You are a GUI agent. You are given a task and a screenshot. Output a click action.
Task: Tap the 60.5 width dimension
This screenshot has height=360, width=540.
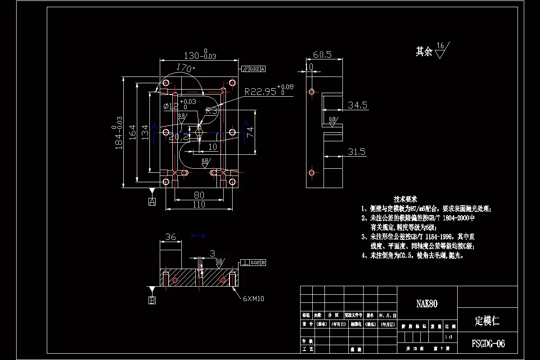pyautogui.click(x=322, y=54)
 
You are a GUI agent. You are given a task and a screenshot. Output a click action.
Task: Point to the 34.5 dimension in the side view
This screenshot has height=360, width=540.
pyautogui.click(x=358, y=105)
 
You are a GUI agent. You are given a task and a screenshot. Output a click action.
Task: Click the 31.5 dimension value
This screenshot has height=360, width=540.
pyautogui.click(x=356, y=152)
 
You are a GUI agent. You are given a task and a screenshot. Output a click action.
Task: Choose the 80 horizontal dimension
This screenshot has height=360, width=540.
pyautogui.click(x=199, y=195)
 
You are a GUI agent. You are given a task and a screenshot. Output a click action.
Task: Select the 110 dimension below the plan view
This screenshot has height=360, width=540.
pyautogui.click(x=199, y=205)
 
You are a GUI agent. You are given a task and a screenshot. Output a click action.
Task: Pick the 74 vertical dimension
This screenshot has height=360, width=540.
pyautogui.click(x=250, y=132)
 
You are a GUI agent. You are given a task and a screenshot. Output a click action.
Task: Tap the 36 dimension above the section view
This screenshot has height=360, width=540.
pyautogui.click(x=171, y=237)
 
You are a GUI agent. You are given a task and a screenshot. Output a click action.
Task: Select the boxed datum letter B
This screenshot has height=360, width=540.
pyautogui.click(x=152, y=300)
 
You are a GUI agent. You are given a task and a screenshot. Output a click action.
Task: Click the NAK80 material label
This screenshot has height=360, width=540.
pyautogui.click(x=427, y=304)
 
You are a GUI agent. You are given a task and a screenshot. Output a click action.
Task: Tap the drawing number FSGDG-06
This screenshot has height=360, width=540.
pyautogui.click(x=488, y=344)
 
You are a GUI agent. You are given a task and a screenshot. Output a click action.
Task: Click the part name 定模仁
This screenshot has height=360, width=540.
pyautogui.click(x=487, y=321)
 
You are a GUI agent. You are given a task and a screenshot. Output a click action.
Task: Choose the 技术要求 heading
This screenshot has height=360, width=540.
pyautogui.click(x=405, y=199)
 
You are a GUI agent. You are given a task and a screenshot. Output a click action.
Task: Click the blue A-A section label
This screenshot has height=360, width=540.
pyautogui.click(x=198, y=235)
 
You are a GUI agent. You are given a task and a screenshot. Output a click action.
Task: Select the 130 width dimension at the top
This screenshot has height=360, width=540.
pyautogui.click(x=200, y=56)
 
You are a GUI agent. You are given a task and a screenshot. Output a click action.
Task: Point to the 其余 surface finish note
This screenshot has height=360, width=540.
pyautogui.click(x=424, y=52)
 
